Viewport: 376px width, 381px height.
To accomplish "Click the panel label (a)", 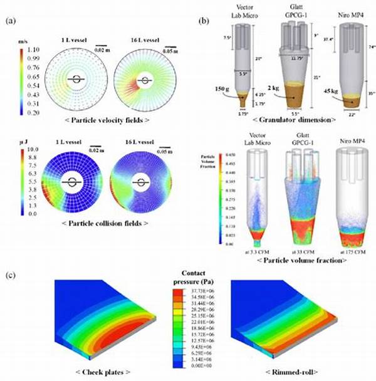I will pos(10,21).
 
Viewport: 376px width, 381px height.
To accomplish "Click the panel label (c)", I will pos(10,274).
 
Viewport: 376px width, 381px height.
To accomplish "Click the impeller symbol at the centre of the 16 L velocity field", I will pos(146,80).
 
